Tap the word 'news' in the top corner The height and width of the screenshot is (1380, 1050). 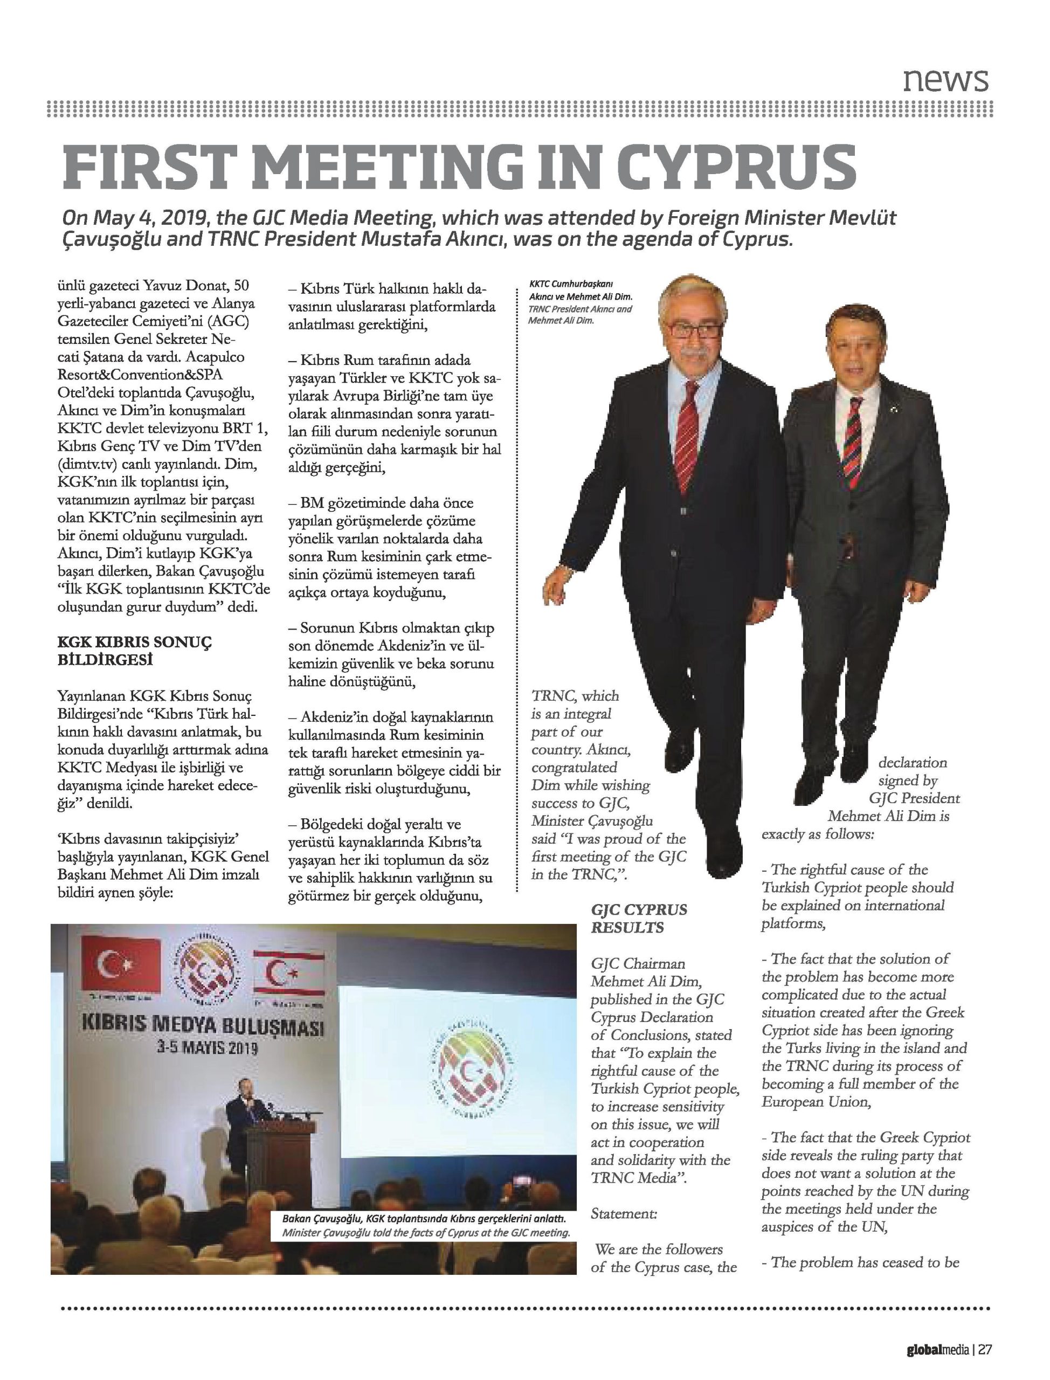(945, 80)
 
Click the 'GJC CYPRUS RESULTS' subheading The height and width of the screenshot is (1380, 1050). (638, 918)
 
